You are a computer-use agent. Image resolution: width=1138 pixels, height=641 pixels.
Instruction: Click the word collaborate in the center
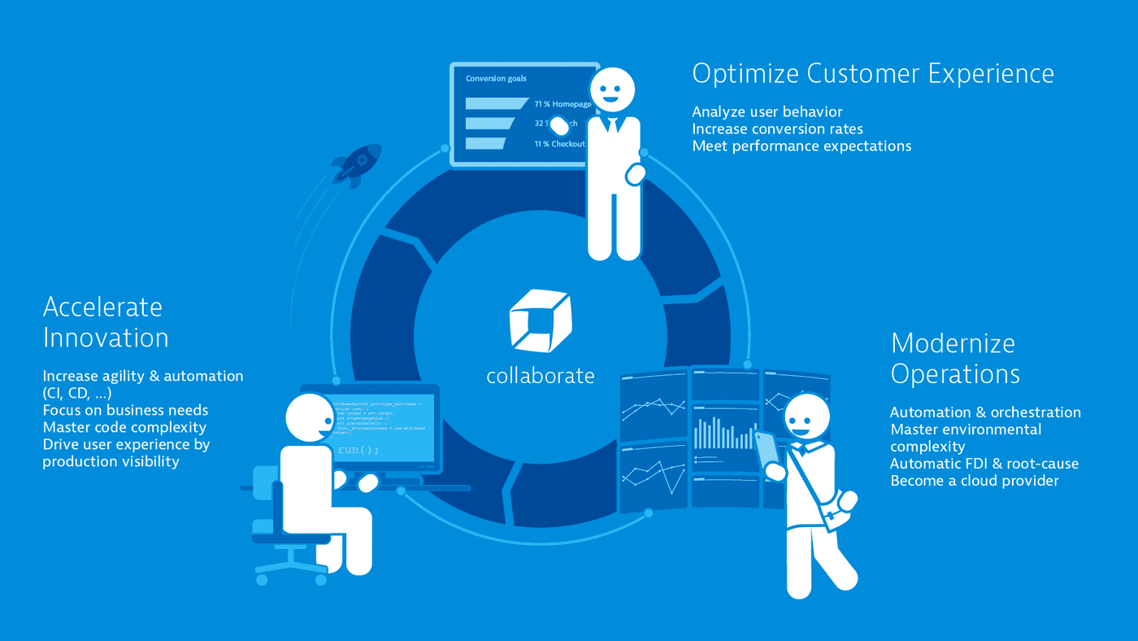click(541, 376)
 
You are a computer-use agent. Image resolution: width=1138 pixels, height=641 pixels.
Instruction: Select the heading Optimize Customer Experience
click(872, 73)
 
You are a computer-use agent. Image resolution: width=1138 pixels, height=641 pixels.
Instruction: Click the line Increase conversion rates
click(777, 129)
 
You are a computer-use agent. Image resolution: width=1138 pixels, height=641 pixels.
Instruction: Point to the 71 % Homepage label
click(562, 104)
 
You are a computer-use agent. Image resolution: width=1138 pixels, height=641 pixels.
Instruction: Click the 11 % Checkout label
click(559, 144)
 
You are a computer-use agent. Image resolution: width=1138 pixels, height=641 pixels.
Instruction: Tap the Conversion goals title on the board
click(496, 79)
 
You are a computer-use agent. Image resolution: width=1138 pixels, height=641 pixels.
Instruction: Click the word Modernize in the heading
click(953, 342)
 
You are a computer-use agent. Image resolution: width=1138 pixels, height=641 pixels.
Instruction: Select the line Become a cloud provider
click(974, 481)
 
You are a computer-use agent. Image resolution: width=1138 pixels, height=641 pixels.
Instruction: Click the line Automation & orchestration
click(985, 412)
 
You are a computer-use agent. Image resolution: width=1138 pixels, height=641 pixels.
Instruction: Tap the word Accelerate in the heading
click(102, 307)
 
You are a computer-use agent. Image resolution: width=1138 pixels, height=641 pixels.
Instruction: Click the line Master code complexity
click(124, 427)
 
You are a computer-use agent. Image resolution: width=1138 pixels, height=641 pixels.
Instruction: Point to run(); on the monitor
click(358, 449)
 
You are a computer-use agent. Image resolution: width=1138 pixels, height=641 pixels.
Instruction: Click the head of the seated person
click(311, 417)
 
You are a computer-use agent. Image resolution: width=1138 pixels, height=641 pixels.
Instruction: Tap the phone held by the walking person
click(766, 450)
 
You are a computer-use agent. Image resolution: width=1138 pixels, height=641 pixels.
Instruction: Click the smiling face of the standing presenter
click(610, 89)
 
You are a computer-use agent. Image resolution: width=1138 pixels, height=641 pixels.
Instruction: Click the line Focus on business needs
click(125, 410)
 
